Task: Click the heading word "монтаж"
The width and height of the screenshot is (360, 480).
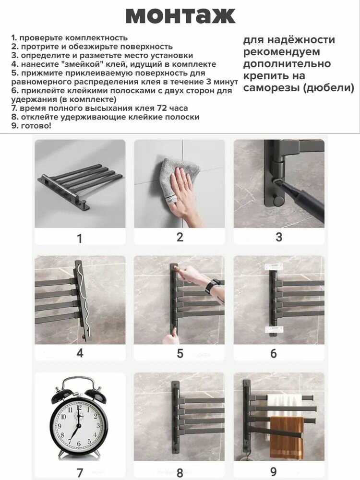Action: tap(180, 16)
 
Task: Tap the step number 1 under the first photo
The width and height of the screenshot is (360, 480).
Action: tap(80, 239)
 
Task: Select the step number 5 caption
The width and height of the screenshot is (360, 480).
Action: tap(180, 353)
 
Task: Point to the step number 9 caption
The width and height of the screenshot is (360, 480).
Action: tap(274, 471)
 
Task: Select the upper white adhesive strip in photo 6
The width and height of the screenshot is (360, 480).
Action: tap(274, 266)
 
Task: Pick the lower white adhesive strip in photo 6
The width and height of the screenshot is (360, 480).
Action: tap(274, 329)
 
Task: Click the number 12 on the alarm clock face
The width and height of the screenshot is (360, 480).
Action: tap(79, 408)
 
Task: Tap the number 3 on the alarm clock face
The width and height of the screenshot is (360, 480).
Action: tap(98, 426)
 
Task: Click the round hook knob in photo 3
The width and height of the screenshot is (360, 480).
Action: tap(279, 201)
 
